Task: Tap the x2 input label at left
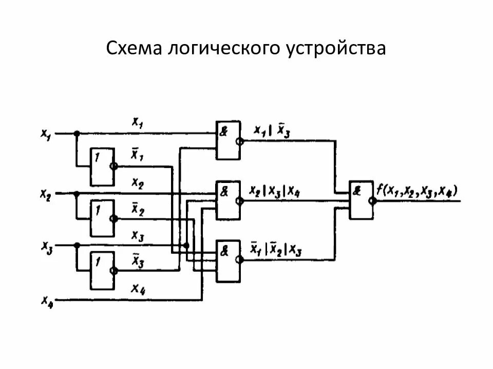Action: point(46,194)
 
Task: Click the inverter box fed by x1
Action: point(102,167)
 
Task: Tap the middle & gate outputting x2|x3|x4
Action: point(227,200)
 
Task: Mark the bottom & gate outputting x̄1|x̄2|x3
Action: point(227,260)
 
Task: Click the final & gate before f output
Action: point(361,200)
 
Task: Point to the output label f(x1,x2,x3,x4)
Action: point(416,191)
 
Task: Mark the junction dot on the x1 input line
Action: point(77,133)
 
